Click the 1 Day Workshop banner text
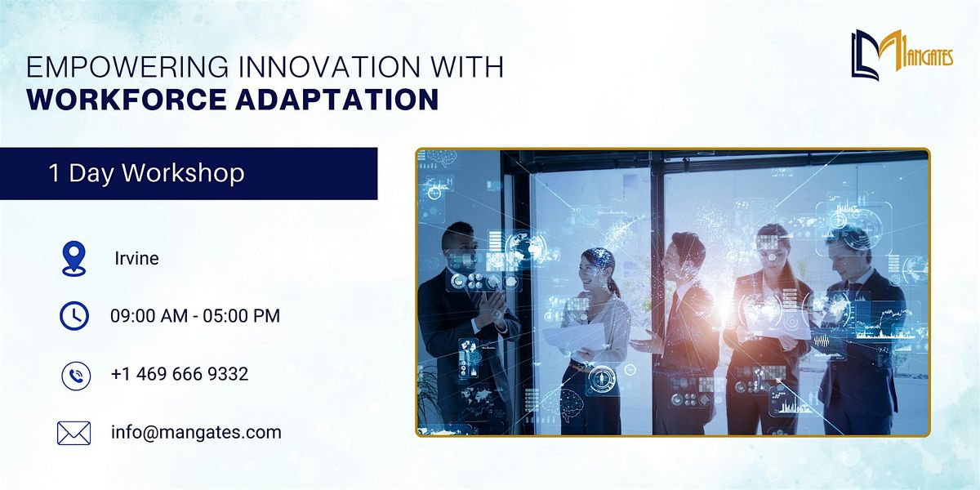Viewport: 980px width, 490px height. [x=146, y=173]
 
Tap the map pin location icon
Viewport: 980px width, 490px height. [x=73, y=258]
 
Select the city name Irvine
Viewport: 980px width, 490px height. [x=136, y=259]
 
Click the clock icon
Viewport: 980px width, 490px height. [x=74, y=315]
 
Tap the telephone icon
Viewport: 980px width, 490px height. [x=74, y=375]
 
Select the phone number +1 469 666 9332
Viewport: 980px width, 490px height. [x=179, y=374]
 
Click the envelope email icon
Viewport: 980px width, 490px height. [x=73, y=433]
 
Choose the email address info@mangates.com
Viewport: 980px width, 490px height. [x=196, y=432]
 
